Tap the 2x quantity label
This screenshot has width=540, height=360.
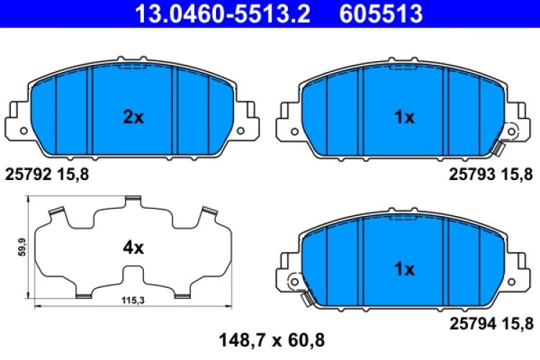pos(133,117)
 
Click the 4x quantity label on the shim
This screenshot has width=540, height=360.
pos(133,248)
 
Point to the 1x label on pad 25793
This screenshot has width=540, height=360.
pos(405,117)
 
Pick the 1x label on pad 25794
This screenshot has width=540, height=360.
pos(405,270)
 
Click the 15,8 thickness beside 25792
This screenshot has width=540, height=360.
pos(76,173)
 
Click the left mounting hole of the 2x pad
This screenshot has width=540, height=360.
pos(22,131)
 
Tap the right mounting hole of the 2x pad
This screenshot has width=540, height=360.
pos(243,131)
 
